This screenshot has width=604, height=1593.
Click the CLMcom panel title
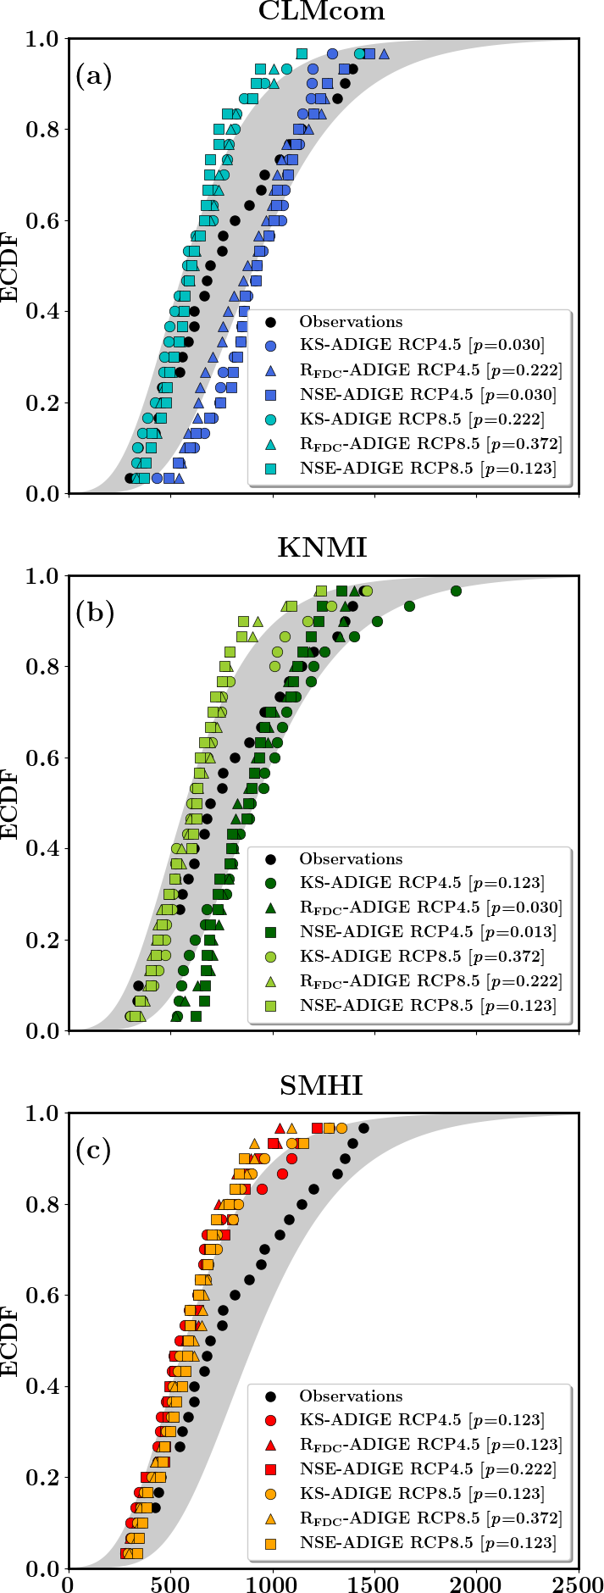(x=322, y=12)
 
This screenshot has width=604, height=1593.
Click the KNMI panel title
(x=322, y=548)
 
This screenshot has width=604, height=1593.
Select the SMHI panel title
(x=322, y=1085)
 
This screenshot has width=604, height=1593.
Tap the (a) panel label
(x=93, y=77)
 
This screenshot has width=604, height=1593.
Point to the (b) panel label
(x=93, y=613)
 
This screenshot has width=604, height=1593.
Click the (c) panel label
(x=93, y=1150)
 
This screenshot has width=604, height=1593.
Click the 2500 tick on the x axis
(x=579, y=1582)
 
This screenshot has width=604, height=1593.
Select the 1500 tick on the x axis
(x=374, y=1582)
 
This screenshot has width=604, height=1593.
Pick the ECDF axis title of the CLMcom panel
(x=10, y=266)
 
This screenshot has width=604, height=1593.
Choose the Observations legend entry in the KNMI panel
(x=351, y=859)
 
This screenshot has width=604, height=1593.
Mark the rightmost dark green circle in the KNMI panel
(x=456, y=591)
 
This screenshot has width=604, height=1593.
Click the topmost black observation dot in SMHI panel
(x=363, y=1128)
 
